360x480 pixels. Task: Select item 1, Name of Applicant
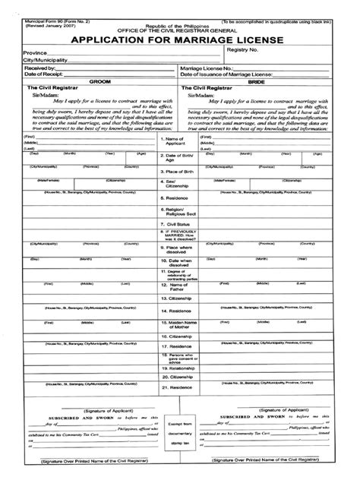[175, 142]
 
